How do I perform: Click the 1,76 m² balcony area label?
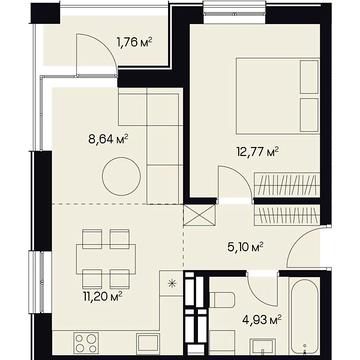(x=133, y=42)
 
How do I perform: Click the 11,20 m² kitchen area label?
(x=102, y=296)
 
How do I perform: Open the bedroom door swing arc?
(x=230, y=182)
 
